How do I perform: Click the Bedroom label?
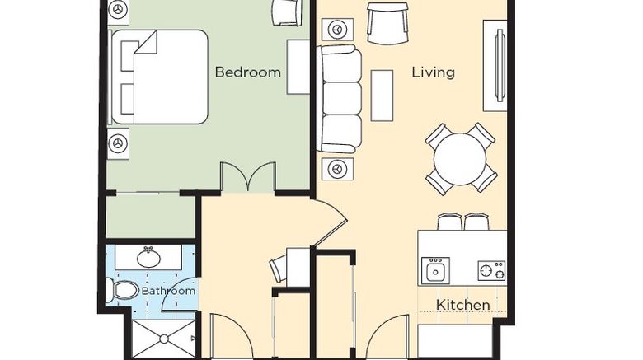[247, 72]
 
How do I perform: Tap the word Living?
[434, 72]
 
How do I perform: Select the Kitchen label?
[463, 305]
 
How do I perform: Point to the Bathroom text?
[168, 291]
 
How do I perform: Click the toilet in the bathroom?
[122, 290]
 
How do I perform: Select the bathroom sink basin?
[148, 258]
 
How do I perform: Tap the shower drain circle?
[164, 339]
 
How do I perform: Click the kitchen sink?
[435, 270]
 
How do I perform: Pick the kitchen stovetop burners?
[491, 270]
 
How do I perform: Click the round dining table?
[460, 159]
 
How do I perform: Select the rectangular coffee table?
[382, 96]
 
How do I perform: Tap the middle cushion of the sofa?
[340, 98]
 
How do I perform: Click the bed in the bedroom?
[159, 77]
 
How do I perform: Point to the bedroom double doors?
[248, 177]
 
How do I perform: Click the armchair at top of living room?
[388, 23]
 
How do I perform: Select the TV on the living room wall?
[500, 66]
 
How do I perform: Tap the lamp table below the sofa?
[337, 169]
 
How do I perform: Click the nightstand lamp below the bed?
[118, 143]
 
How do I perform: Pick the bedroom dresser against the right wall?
[298, 67]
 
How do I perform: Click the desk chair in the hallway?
[278, 269]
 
